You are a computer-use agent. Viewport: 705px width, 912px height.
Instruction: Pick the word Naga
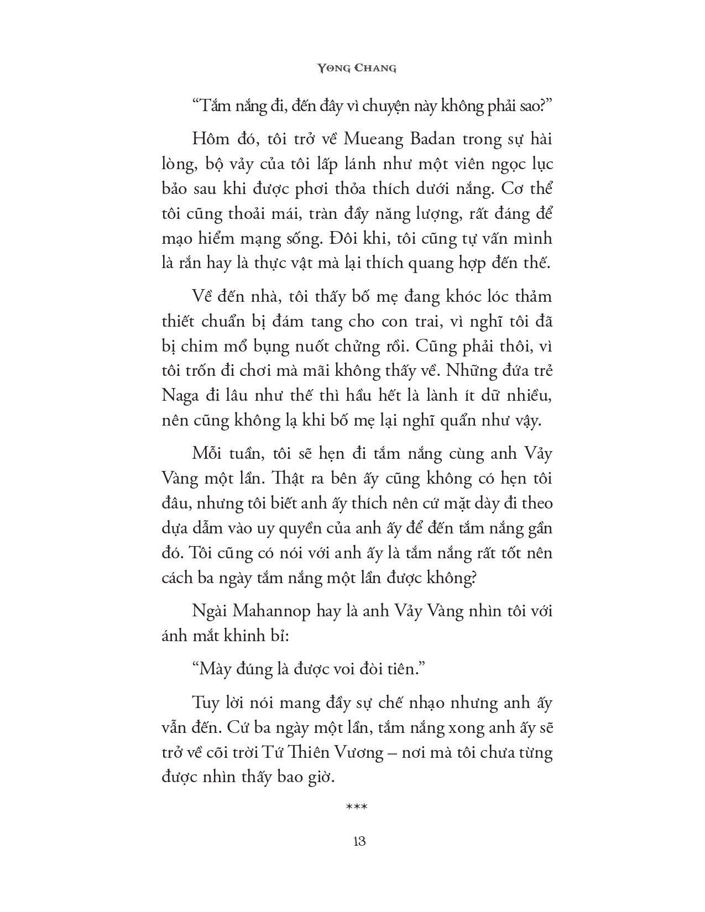(178, 396)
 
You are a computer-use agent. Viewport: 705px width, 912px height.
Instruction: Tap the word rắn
(189, 264)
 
